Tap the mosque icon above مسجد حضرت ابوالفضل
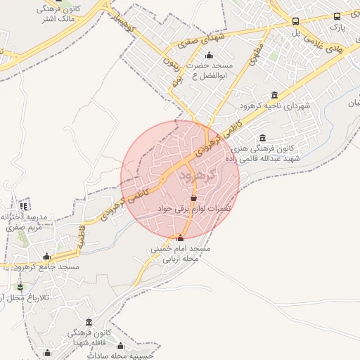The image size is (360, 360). click(x=209, y=56)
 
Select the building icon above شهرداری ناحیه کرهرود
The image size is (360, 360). click(x=274, y=95)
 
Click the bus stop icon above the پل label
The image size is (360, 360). click(x=295, y=22)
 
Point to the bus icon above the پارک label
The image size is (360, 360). click(x=337, y=16)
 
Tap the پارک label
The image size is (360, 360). click(x=337, y=28)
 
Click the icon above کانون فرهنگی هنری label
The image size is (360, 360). click(x=263, y=138)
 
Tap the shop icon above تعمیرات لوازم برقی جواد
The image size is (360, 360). click(x=193, y=198)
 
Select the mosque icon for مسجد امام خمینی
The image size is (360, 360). click(x=181, y=238)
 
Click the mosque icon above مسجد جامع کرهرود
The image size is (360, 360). click(x=46, y=257)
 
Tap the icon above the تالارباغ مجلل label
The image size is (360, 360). click(x=20, y=288)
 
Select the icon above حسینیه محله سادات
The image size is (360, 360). click(x=120, y=346)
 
